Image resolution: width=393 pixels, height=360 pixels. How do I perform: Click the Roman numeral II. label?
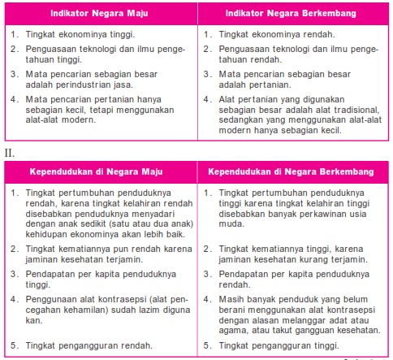click(11, 153)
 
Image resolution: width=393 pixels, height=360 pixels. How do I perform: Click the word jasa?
click(130, 84)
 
